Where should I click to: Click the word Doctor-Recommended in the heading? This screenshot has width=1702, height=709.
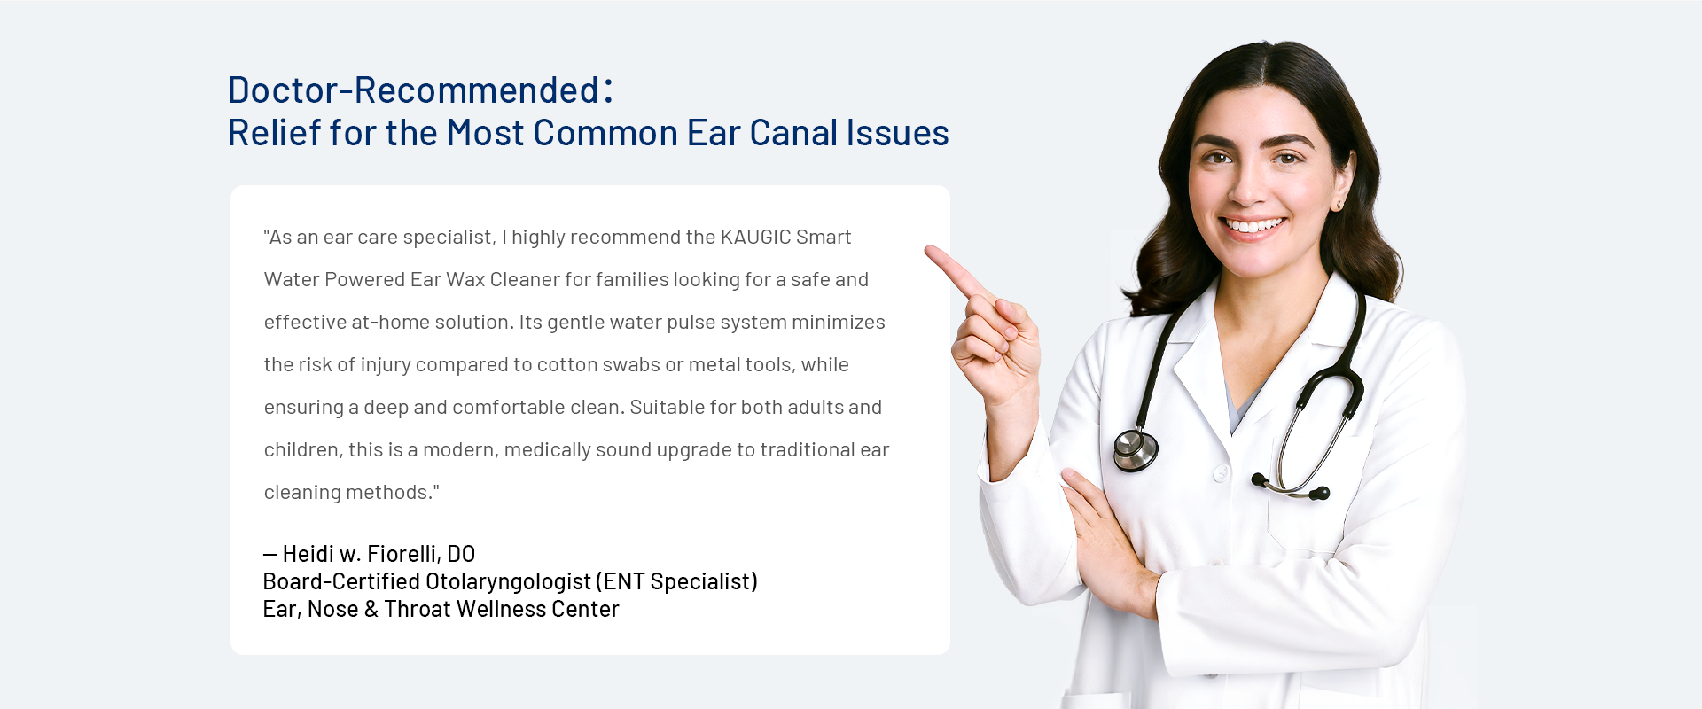(413, 90)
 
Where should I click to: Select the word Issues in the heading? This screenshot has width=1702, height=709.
(898, 133)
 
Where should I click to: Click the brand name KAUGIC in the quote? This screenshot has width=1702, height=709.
(755, 237)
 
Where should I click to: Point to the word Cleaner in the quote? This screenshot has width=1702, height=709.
(525, 279)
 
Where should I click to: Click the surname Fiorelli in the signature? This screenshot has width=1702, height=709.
(403, 554)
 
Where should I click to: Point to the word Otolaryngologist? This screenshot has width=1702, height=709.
(508, 581)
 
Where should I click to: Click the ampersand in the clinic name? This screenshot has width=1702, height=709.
(371, 609)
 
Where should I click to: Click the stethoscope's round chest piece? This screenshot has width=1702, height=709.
(1136, 450)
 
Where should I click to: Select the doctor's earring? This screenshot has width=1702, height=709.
(1338, 206)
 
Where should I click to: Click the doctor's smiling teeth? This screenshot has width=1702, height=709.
(1254, 225)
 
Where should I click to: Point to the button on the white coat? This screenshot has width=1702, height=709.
(1221, 473)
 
